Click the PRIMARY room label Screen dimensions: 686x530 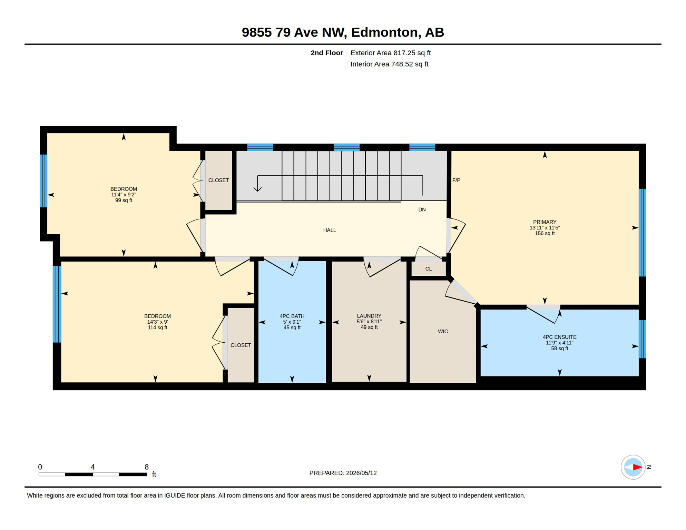(x=545, y=222)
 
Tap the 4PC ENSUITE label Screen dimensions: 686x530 (x=559, y=337)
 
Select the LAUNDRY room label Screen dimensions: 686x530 (x=369, y=316)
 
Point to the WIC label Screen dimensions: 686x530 (x=443, y=331)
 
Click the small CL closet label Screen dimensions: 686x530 (x=428, y=269)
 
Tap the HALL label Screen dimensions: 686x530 (x=329, y=230)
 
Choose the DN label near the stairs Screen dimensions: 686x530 (x=422, y=209)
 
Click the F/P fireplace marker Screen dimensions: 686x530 (x=456, y=180)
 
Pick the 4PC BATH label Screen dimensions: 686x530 (x=292, y=316)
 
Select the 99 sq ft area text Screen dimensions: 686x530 (x=124, y=200)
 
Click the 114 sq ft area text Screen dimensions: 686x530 (x=157, y=327)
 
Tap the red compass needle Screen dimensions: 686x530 (x=637, y=467)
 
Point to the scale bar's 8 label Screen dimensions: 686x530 (x=147, y=467)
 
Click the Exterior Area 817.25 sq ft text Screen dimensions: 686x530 (x=390, y=53)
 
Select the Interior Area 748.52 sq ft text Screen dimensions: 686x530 (x=389, y=64)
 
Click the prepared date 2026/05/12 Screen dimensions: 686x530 (x=361, y=473)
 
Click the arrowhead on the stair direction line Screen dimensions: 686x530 (x=257, y=189)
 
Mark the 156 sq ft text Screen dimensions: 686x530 (x=545, y=233)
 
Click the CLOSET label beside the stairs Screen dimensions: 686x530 (x=218, y=180)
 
